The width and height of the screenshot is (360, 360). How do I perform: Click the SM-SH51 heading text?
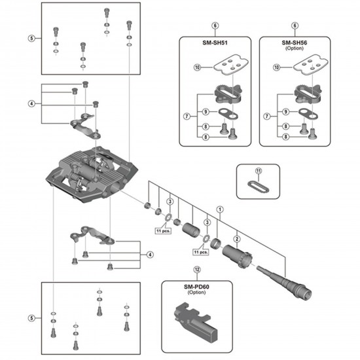pyautogui.click(x=214, y=42)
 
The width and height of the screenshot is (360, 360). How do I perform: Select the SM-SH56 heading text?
pyautogui.click(x=295, y=42)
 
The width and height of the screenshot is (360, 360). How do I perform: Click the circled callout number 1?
pyautogui.click(x=220, y=210)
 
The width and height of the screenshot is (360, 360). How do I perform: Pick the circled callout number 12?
pyautogui.click(x=197, y=269)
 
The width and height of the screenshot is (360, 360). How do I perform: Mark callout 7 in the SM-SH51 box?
pyautogui.click(x=187, y=117)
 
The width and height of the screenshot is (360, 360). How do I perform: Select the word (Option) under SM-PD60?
pyautogui.click(x=197, y=293)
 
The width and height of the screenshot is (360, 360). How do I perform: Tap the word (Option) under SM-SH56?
pyautogui.click(x=295, y=49)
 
